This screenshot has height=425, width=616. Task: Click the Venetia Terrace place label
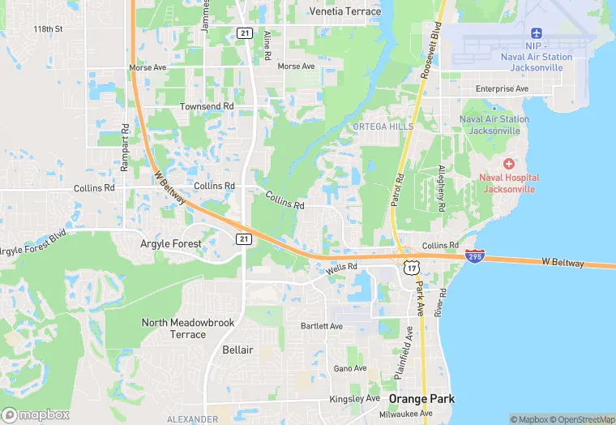[345, 11]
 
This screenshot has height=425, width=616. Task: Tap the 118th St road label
[48, 29]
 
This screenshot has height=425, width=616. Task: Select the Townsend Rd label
[207, 106]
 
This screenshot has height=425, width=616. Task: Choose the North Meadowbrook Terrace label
[188, 328]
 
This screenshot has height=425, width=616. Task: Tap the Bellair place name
[237, 350]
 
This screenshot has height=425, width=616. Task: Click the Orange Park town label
[421, 399]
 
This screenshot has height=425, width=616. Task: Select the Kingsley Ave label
[354, 399]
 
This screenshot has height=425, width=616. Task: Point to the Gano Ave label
[350, 368]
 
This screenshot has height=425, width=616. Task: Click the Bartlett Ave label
[322, 326]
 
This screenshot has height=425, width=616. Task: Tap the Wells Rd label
[341, 268]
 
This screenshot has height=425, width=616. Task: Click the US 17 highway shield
[412, 266]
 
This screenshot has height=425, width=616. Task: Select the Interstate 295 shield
[476, 256]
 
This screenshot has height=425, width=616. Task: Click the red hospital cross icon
[509, 164]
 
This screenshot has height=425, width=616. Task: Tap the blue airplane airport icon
[536, 32]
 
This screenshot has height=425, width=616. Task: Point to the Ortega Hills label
[383, 127]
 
